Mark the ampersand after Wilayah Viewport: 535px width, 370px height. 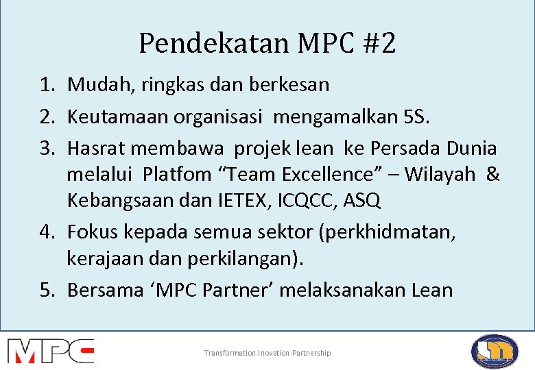pos(492,174)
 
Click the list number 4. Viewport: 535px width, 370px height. pos(46,232)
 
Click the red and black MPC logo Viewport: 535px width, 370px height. pos(51,351)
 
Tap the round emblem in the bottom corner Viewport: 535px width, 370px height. pos(494,351)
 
